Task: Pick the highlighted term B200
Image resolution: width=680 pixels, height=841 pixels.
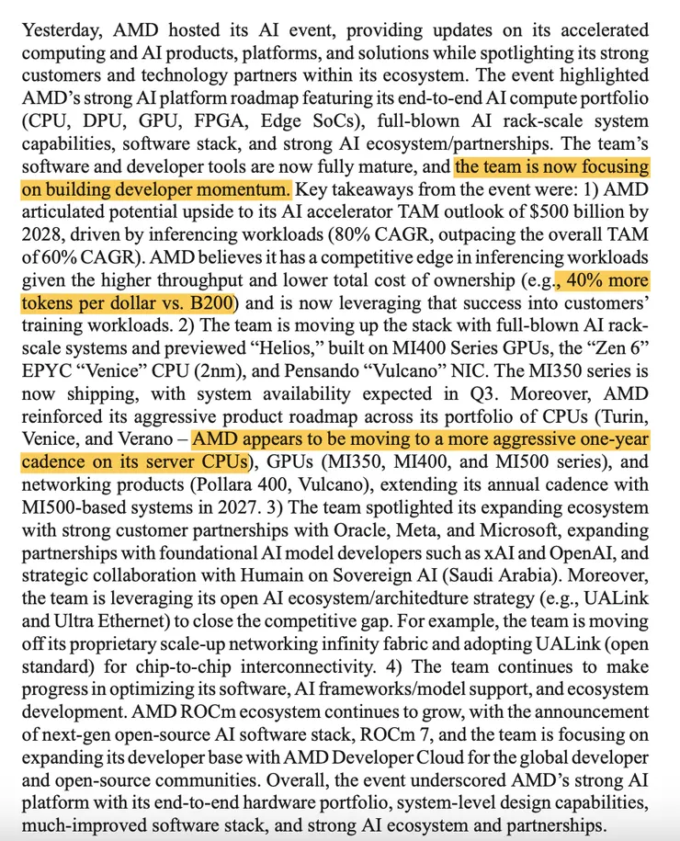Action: pyautogui.click(x=210, y=301)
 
